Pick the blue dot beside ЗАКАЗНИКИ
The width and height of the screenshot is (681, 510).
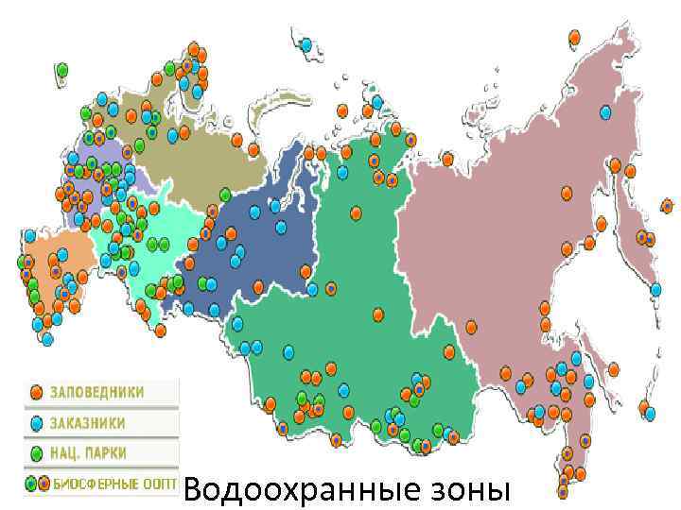36,422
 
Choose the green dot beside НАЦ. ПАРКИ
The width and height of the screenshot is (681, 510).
36,452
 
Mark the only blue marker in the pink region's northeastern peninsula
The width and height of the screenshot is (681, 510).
605,112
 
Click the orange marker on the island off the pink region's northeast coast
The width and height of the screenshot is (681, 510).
574,38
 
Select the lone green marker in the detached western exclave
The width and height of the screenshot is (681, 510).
62,70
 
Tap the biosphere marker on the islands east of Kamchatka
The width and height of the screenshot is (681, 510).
667,206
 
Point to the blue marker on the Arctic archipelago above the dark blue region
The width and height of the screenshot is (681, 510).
306,44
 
